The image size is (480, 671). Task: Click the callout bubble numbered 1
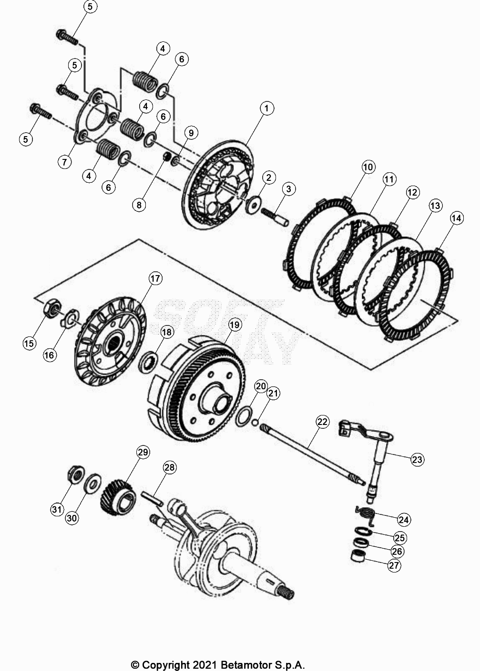tap(266, 108)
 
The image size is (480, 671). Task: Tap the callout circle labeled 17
tap(155, 278)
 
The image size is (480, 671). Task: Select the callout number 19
tap(235, 325)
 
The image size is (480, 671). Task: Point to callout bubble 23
tap(417, 459)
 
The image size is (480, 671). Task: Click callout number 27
tap(394, 565)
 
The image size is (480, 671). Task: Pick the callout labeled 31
tap(57, 510)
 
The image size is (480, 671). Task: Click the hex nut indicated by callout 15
tap(50, 310)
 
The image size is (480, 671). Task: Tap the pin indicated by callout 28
tap(153, 498)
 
